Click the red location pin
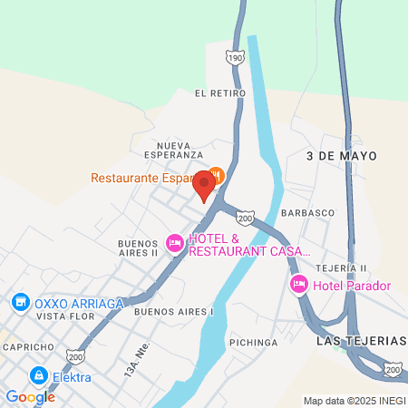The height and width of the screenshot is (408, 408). [204, 186]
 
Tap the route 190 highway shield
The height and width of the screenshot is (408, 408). [236, 58]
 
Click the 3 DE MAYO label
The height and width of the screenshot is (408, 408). [334, 156]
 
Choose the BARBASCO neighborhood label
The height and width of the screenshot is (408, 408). [307, 212]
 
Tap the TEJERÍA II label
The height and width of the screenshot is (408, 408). [341, 268]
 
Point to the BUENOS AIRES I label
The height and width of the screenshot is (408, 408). [174, 311]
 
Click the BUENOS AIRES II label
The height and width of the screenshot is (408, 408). [138, 248]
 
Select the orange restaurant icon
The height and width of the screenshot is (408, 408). [216, 175]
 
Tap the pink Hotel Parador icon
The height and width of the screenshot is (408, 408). [298, 286]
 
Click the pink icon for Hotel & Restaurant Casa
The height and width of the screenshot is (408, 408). [174, 243]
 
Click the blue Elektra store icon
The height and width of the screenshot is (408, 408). [38, 375]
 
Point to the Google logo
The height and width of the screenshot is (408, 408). [30, 396]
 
